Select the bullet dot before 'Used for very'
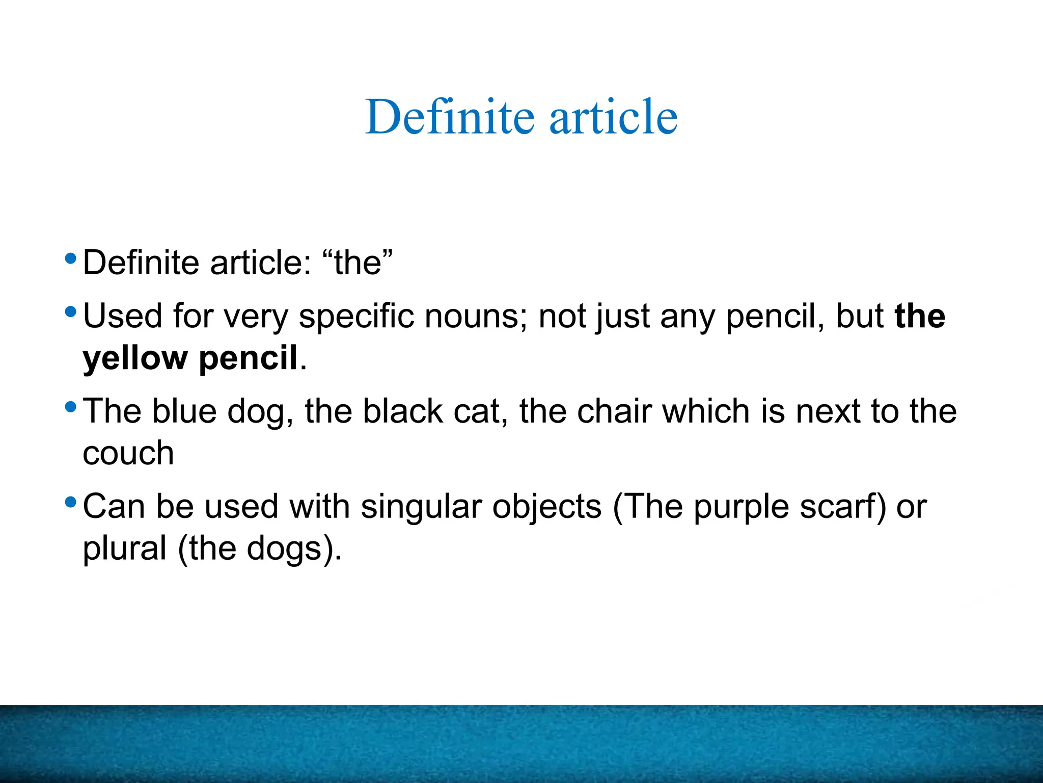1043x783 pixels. (x=71, y=310)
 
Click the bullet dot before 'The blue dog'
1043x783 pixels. (x=71, y=406)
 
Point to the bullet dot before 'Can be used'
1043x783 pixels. (x=71, y=502)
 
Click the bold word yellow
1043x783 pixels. (x=135, y=358)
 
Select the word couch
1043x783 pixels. (x=128, y=453)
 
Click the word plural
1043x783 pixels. (x=125, y=549)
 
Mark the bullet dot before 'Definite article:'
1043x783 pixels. (x=71, y=257)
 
